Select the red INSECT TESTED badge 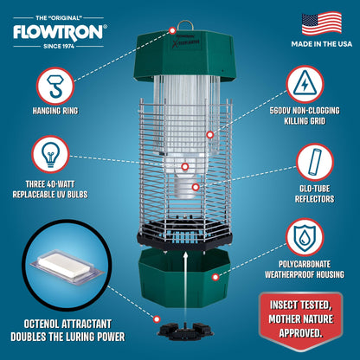(x=305, y=323)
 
